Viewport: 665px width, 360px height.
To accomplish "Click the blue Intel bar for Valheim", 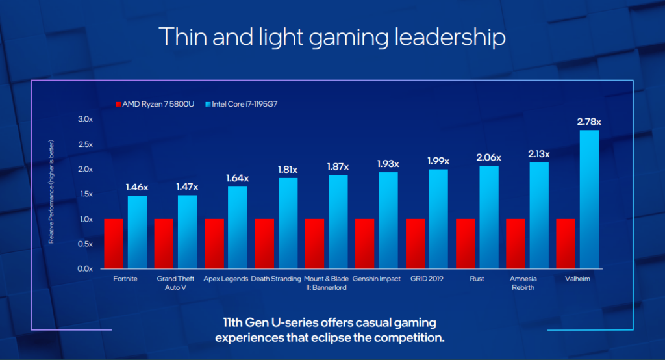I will click(589, 199).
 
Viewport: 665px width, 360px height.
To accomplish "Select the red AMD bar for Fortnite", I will click(114, 244).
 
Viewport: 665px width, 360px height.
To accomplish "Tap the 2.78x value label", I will click(589, 122).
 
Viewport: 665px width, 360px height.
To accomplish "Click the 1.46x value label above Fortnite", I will click(137, 187).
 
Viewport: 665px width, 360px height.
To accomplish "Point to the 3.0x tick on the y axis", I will click(85, 120).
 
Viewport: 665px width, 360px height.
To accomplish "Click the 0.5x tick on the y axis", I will click(85, 244).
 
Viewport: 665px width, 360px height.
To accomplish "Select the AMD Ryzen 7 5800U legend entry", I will click(155, 104).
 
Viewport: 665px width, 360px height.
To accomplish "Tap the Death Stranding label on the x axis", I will click(276, 279).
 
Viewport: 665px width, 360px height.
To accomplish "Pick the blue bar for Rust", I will click(489, 217).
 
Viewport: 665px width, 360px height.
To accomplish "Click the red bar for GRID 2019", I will click(415, 244).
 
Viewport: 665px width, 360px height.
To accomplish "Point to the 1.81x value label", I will click(288, 170).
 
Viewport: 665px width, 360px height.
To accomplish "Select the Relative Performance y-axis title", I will click(51, 192).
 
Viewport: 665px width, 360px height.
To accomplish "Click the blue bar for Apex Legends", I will click(237, 227).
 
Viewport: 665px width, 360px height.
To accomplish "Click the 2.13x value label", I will click(538, 154).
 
